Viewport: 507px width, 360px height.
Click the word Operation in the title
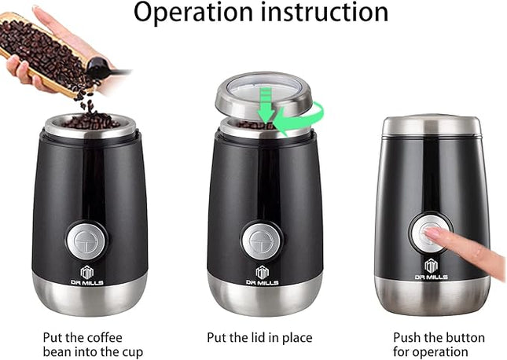(x=190, y=13)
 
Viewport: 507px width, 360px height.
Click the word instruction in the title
(x=321, y=13)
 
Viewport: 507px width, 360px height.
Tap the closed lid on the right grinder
(x=432, y=125)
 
